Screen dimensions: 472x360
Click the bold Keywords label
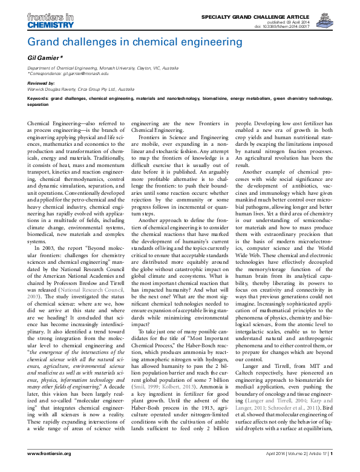(x=39, y=98)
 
